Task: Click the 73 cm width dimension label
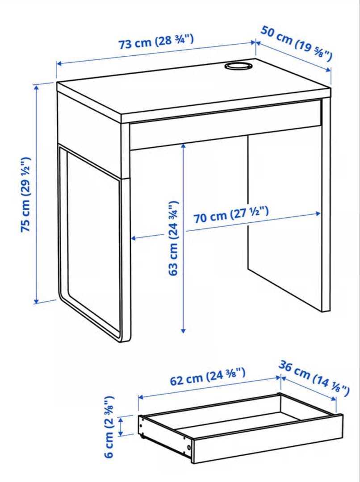156,42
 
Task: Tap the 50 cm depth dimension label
297,43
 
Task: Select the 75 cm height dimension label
26,195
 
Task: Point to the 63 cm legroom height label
174,238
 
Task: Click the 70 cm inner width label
231,215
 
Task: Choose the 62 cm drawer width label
208,377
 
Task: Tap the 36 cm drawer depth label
314,378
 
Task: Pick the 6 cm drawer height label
109,427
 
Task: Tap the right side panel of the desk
326,204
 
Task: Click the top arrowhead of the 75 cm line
37,87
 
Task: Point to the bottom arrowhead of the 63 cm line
184,330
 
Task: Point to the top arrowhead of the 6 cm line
121,419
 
